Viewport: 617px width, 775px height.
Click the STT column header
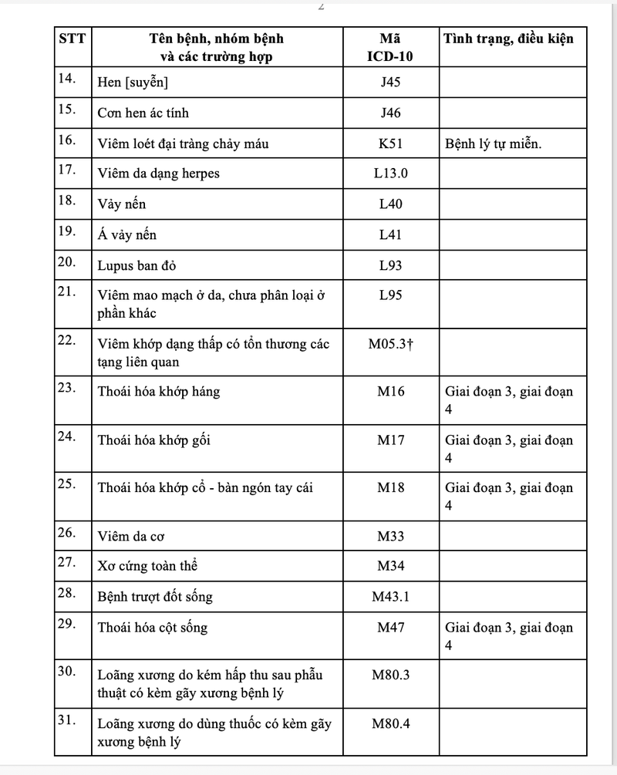click(x=72, y=39)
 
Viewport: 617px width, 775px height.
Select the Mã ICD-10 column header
click(x=390, y=47)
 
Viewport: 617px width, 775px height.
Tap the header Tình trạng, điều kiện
click(x=509, y=39)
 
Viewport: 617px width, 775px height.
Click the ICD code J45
click(x=390, y=82)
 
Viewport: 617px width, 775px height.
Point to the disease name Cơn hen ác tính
click(x=143, y=113)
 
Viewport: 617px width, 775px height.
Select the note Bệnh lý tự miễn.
click(x=493, y=143)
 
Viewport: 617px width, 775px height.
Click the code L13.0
click(x=390, y=173)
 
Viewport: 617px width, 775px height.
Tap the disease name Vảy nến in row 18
click(x=121, y=204)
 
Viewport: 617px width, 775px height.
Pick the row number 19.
click(x=66, y=231)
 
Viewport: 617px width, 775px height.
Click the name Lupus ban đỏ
click(x=131, y=266)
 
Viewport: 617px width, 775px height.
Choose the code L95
click(x=390, y=295)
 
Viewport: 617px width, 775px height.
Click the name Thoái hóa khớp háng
click(x=158, y=392)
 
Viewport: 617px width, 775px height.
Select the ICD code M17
click(x=390, y=440)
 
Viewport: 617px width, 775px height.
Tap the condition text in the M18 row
click(x=508, y=496)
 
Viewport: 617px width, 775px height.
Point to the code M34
click(x=390, y=566)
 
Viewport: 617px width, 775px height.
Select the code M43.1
click(x=390, y=596)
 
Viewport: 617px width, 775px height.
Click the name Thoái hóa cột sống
click(x=153, y=628)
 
